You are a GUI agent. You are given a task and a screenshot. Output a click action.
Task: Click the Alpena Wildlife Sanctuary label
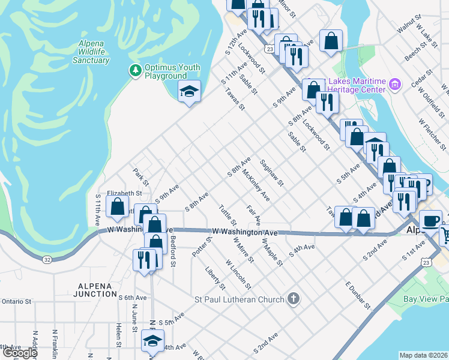pyautogui.click(x=91, y=52)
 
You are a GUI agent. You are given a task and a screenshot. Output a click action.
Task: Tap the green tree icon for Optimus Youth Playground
pyautogui.click(x=136, y=71)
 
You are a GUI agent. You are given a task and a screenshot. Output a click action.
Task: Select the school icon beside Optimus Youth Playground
pyautogui.click(x=189, y=92)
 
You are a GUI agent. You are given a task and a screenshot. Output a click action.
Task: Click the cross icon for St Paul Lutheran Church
pyautogui.click(x=294, y=298)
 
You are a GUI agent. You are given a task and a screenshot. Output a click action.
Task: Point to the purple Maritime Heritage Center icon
pyautogui.click(x=395, y=85)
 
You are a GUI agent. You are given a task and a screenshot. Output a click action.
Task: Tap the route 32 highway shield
pyautogui.click(x=47, y=259)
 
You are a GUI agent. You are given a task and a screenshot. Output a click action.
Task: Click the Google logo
pyautogui.click(x=19, y=353)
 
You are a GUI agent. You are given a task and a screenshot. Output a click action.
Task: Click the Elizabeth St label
pyautogui.click(x=124, y=194)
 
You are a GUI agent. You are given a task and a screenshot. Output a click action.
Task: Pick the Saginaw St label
pyautogui.click(x=272, y=173)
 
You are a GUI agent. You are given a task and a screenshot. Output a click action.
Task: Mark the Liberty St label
pyautogui.click(x=214, y=278)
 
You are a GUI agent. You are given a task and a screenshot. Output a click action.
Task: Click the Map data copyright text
pyautogui.click(x=424, y=355)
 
